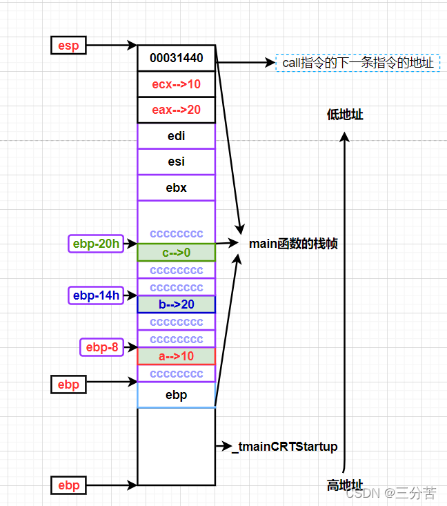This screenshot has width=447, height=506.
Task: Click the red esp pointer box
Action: point(68,46)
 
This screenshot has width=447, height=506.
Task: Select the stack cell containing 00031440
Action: point(176,58)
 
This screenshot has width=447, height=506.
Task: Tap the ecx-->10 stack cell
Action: point(176,84)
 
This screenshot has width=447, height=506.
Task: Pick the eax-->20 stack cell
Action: point(176,110)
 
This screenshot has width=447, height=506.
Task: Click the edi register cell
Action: point(176,136)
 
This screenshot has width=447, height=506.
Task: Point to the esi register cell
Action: point(176,162)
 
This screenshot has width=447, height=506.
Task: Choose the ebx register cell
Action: point(176,188)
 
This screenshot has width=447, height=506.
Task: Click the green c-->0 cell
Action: point(176,253)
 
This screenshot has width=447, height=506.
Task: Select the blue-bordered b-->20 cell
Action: point(176,304)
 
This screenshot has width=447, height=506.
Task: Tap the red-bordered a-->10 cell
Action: point(176,356)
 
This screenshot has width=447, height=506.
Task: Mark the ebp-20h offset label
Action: point(95,244)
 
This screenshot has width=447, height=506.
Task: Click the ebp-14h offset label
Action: point(95,295)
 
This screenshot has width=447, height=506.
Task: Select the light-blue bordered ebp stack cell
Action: point(176,396)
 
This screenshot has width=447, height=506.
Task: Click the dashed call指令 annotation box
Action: point(357,63)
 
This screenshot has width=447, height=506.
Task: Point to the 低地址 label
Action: point(345,115)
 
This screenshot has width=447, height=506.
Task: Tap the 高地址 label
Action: point(345,486)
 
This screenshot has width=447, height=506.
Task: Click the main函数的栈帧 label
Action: point(293,244)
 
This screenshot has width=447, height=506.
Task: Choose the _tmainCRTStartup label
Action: point(284,447)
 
